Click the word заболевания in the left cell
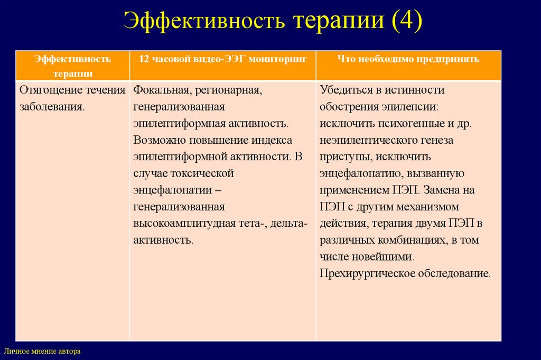(50, 106)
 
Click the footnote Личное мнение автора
(42, 351)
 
